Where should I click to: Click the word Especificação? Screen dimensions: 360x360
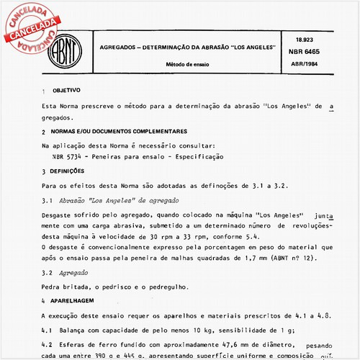198,156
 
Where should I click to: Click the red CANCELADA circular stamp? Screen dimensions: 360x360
30,30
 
